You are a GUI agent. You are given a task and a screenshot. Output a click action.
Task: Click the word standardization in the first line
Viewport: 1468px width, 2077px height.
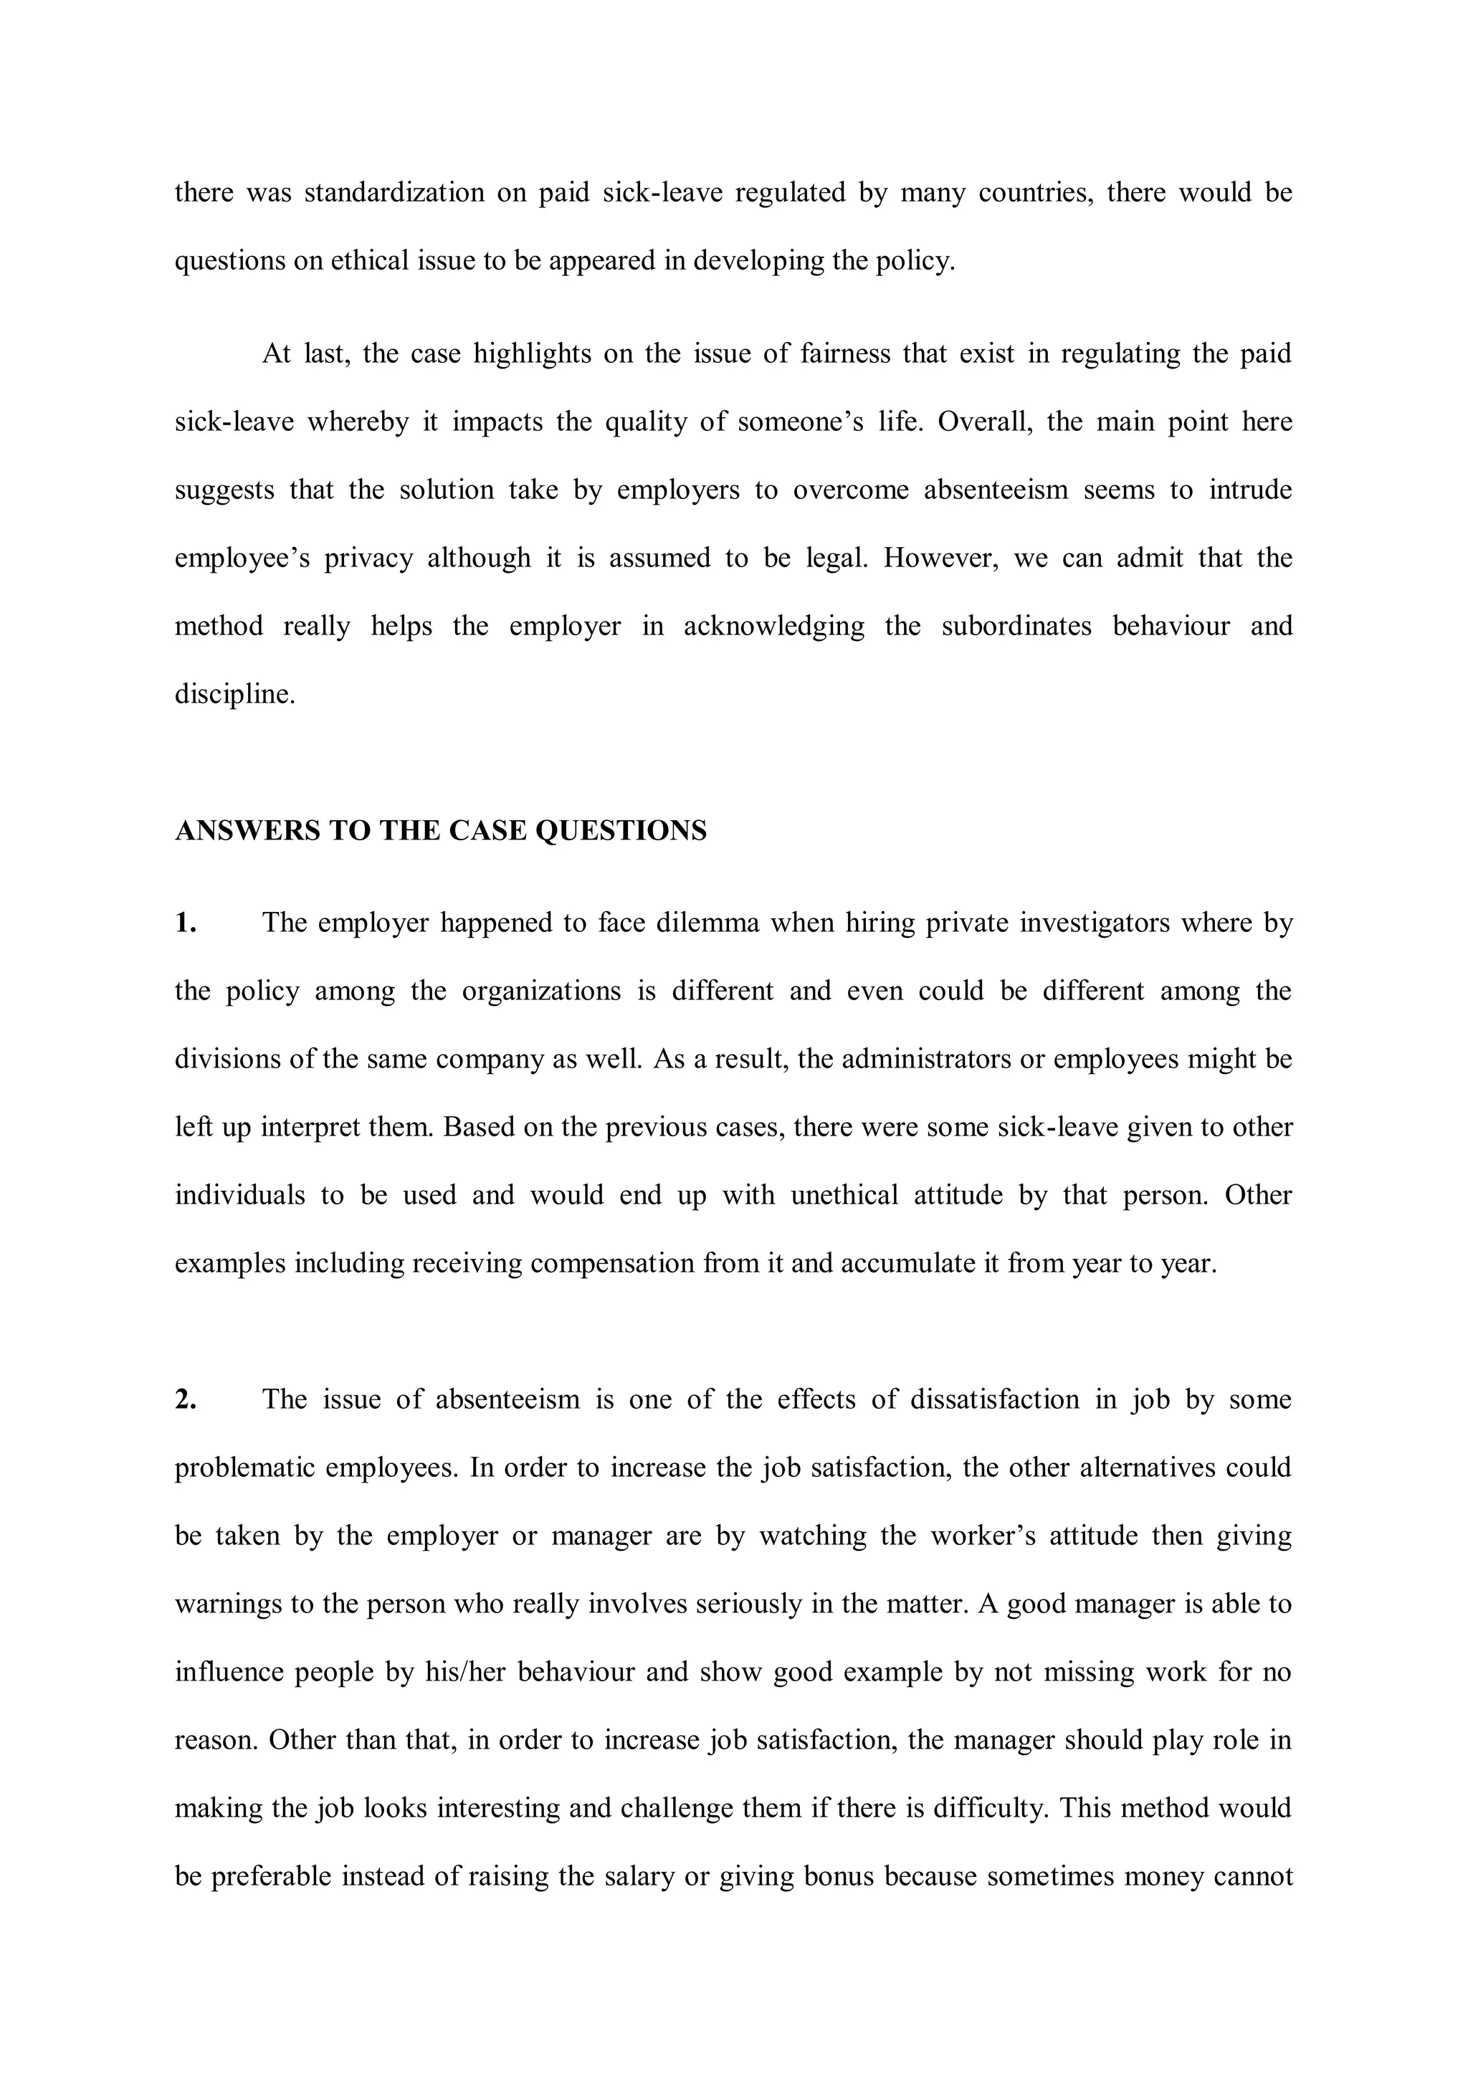[x=394, y=193]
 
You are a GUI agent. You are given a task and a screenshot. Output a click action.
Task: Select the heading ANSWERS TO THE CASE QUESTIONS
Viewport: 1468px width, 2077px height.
[x=441, y=830]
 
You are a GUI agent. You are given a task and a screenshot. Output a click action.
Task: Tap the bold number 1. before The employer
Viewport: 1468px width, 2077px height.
[x=186, y=923]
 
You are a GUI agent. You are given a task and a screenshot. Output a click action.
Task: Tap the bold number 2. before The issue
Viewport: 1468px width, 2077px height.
[x=186, y=1399]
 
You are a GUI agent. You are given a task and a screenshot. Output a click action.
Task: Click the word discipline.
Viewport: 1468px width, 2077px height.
[x=234, y=695]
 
